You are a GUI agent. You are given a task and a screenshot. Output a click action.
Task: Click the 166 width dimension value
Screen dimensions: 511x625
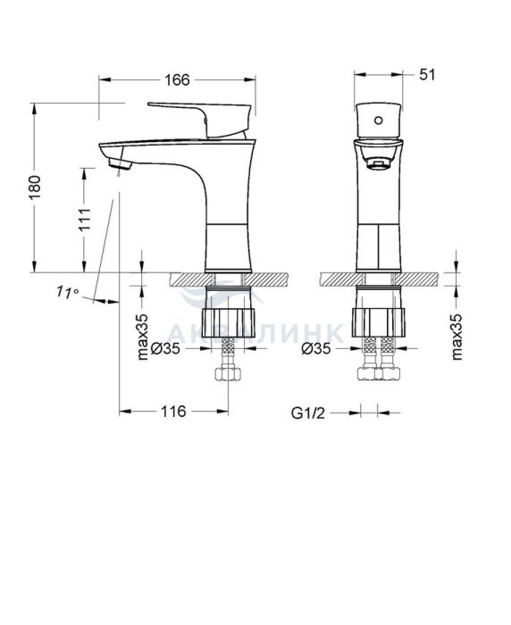pos(177,79)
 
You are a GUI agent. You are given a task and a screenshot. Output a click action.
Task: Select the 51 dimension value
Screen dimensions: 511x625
pos(427,74)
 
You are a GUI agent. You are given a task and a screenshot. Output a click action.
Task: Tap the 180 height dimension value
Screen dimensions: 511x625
pos(35,187)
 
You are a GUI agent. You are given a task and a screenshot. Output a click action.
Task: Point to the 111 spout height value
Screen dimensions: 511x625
pos(85,220)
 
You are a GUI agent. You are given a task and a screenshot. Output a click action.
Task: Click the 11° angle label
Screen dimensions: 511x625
pos(67,292)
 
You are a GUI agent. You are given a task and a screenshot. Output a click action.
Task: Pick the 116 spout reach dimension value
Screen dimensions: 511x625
pos(173,411)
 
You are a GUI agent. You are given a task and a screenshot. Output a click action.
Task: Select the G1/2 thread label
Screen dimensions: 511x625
pos(308,412)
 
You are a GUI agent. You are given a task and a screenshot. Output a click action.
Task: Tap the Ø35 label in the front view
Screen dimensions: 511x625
pos(316,348)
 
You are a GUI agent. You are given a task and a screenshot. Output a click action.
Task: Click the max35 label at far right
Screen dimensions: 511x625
pos(457,337)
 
